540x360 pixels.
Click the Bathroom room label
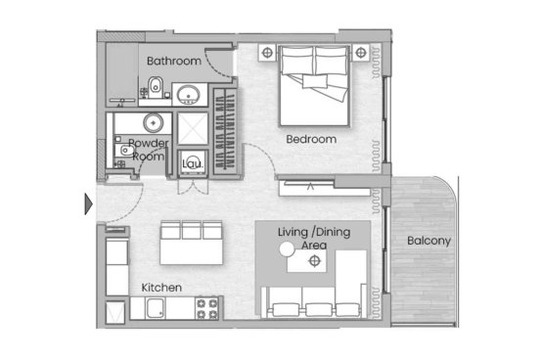pyautogui.click(x=174, y=61)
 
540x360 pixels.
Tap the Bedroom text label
pyautogui.click(x=311, y=139)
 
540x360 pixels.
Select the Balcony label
pyautogui.click(x=428, y=241)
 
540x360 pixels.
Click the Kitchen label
pyautogui.click(x=161, y=288)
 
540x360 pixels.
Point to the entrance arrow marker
pyautogui.click(x=88, y=203)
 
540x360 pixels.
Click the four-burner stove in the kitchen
pyautogui.click(x=207, y=309)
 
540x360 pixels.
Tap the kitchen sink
pyautogui.click(x=155, y=308)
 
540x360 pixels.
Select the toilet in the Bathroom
pyautogui.click(x=156, y=87)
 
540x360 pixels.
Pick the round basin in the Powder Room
pyautogui.click(x=154, y=123)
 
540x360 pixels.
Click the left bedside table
pyautogui.click(x=267, y=53)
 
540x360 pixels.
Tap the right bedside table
pyautogui.click(x=361, y=53)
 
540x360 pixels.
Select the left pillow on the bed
pyautogui.click(x=297, y=61)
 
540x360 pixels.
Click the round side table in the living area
pyautogui.click(x=287, y=249)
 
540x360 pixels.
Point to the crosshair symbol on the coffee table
pyautogui.click(x=314, y=261)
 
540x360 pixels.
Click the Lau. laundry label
pyautogui.click(x=193, y=163)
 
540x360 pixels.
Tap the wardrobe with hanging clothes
pyautogui.click(x=225, y=131)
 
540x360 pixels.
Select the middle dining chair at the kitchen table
pyautogui.click(x=192, y=230)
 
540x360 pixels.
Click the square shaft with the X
pyautogui.click(x=193, y=129)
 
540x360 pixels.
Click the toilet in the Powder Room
pyautogui.click(x=124, y=151)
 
